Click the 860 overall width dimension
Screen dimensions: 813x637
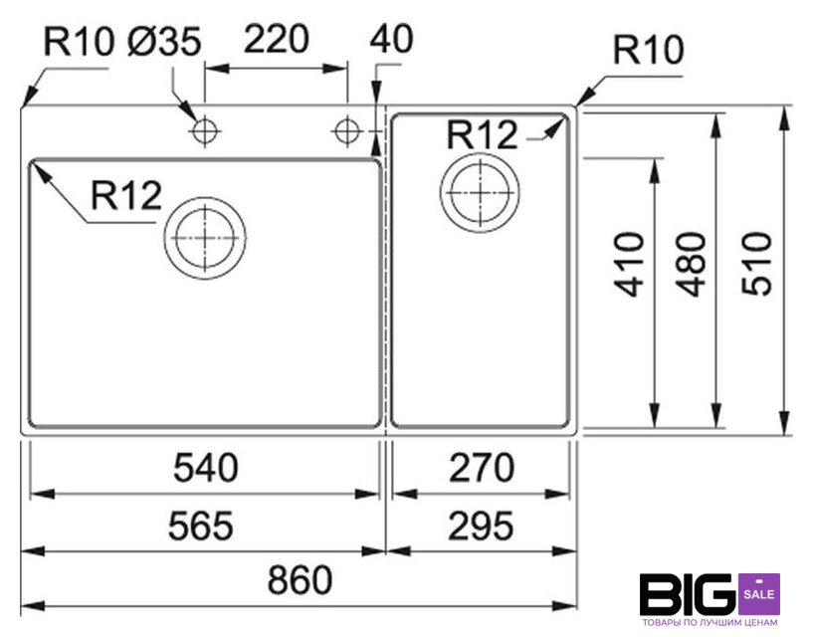click(x=300, y=579)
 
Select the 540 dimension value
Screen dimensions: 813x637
click(x=206, y=468)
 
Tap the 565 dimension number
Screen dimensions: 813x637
click(x=201, y=526)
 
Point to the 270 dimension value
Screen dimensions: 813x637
click(x=482, y=468)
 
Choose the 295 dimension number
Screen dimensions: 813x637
click(x=481, y=526)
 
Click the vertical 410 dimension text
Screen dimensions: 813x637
click(x=629, y=265)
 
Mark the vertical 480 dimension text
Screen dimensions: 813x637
click(x=692, y=265)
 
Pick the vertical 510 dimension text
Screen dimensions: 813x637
click(x=756, y=265)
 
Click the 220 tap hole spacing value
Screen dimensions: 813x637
click(x=277, y=39)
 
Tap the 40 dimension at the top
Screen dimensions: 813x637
click(x=391, y=39)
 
